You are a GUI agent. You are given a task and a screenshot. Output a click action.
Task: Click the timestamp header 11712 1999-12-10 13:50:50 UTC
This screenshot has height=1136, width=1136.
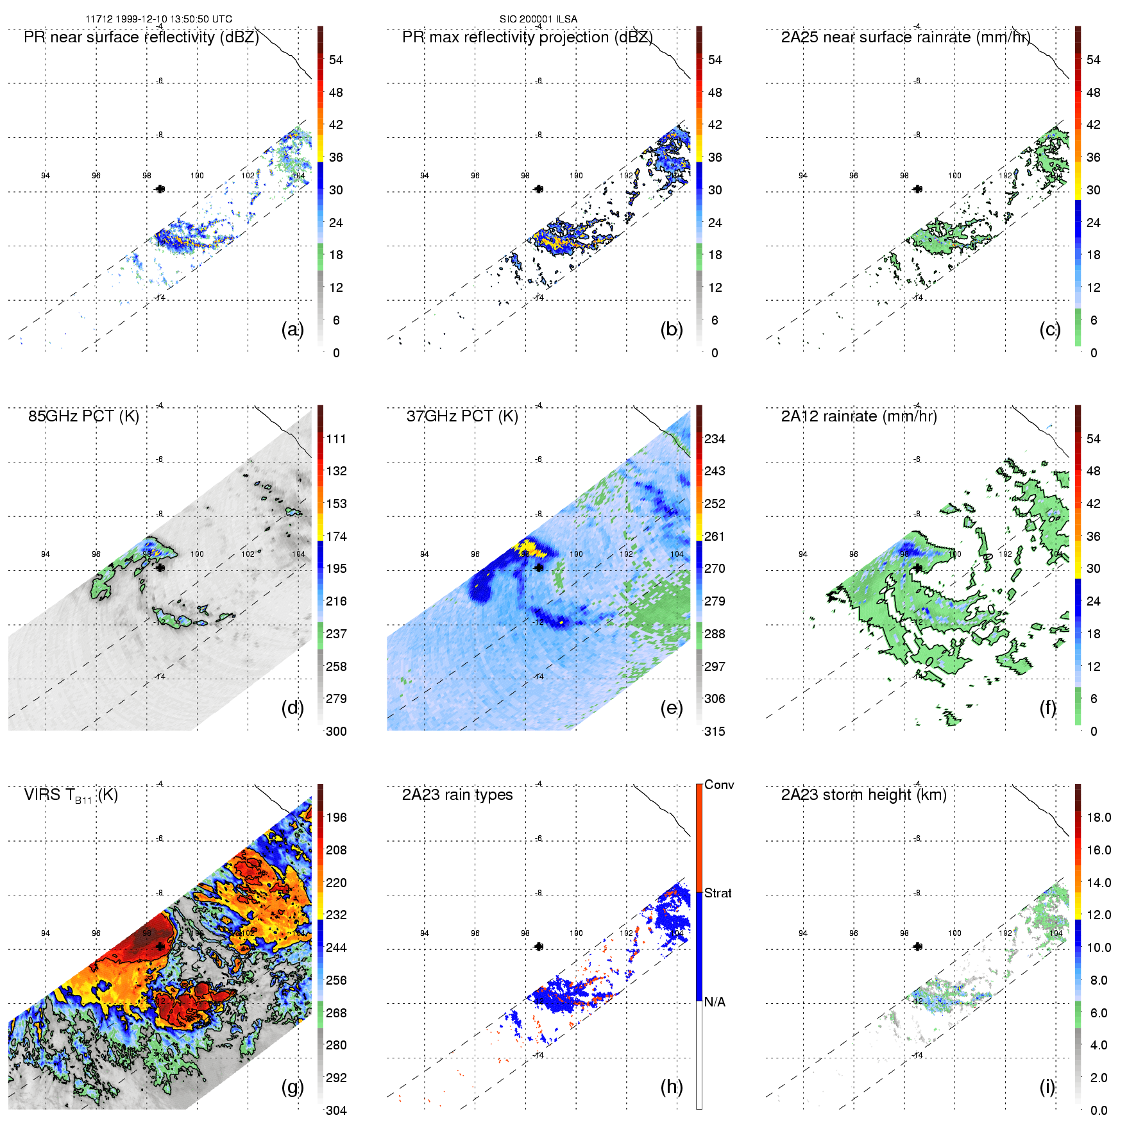[x=158, y=19]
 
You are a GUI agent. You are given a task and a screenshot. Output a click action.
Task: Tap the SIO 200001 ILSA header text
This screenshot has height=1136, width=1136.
[x=538, y=19]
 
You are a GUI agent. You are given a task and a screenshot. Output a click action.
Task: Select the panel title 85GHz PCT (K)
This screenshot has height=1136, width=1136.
[x=83, y=416]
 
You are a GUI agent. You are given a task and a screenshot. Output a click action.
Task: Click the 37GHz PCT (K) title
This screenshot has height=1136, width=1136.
[x=462, y=416]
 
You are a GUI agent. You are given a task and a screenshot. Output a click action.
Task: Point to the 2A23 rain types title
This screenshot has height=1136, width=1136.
[x=457, y=795]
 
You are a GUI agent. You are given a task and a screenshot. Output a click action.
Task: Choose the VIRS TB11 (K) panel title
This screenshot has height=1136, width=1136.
[x=71, y=795]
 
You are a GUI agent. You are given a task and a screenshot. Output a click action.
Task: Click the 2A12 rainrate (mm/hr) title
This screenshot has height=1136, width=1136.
[x=859, y=416]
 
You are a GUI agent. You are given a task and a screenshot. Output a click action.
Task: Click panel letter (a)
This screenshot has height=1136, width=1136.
[x=292, y=329]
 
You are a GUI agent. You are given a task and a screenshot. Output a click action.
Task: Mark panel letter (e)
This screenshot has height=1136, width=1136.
[x=671, y=708]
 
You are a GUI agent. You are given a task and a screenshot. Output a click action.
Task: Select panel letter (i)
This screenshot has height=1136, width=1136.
[x=1047, y=1086]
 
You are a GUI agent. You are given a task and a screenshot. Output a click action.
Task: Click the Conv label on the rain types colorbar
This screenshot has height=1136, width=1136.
[x=719, y=784]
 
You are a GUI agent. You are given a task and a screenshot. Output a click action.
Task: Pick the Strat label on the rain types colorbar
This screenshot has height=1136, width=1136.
[x=718, y=893]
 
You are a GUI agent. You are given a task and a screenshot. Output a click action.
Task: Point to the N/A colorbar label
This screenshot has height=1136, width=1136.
[x=715, y=1002]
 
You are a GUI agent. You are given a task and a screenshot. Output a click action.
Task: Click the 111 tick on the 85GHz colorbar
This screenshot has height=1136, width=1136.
[x=336, y=439]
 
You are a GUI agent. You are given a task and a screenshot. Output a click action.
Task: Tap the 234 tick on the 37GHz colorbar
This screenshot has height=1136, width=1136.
[x=715, y=439]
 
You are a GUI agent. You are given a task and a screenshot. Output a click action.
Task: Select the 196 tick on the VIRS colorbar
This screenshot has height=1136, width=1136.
[x=336, y=817]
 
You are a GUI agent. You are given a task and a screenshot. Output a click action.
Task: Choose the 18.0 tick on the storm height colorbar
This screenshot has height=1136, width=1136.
[x=1099, y=817]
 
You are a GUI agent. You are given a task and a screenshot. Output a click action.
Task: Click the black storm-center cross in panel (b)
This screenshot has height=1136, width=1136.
[x=539, y=189]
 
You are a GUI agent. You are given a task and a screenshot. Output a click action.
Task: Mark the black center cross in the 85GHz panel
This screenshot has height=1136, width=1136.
[x=160, y=567]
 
